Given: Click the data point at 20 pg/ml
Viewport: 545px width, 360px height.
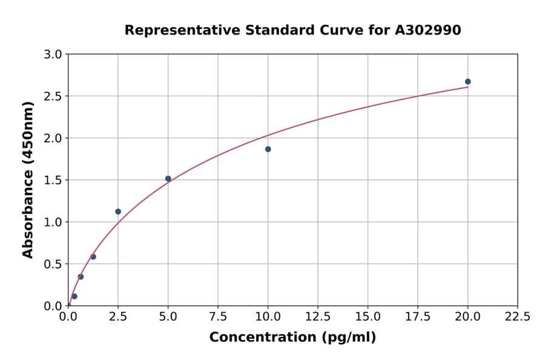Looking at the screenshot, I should click(467, 82).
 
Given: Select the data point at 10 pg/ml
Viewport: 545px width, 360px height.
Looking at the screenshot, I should click(268, 149).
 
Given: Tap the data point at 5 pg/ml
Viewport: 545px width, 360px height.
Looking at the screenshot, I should click(168, 179).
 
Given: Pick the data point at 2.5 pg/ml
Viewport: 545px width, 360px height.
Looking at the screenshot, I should click(118, 212).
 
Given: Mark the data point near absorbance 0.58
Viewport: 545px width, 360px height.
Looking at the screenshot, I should click(93, 257).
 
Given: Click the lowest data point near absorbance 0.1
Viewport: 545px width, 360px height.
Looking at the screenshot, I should click(74, 296).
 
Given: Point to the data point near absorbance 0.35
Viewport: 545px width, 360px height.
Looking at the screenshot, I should click(81, 277).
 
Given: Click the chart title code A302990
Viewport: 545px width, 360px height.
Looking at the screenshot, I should click(428, 30).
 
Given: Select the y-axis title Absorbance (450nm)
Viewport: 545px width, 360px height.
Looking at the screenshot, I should click(28, 179).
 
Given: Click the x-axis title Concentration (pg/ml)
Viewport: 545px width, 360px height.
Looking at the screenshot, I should click(292, 338).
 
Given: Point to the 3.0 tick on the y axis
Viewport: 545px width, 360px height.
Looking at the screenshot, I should click(53, 55).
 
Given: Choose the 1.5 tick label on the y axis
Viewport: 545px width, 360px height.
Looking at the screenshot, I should click(53, 180).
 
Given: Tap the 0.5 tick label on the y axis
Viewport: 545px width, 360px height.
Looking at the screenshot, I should click(53, 264).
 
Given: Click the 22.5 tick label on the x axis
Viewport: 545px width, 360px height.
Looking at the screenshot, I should click(517, 317).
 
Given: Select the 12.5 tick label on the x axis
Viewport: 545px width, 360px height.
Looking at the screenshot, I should click(318, 317).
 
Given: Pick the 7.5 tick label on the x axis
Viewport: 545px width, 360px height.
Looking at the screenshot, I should click(218, 317).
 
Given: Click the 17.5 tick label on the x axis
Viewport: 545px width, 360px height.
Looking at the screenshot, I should click(418, 317).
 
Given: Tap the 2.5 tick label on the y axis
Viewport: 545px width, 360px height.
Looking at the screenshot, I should click(53, 96).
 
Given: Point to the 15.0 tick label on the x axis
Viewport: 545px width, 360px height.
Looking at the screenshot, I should click(368, 317).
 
